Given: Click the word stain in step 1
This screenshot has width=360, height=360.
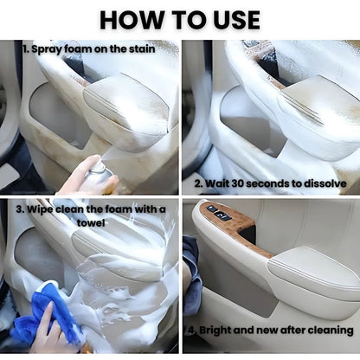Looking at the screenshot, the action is pyautogui.click(x=142, y=48).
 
